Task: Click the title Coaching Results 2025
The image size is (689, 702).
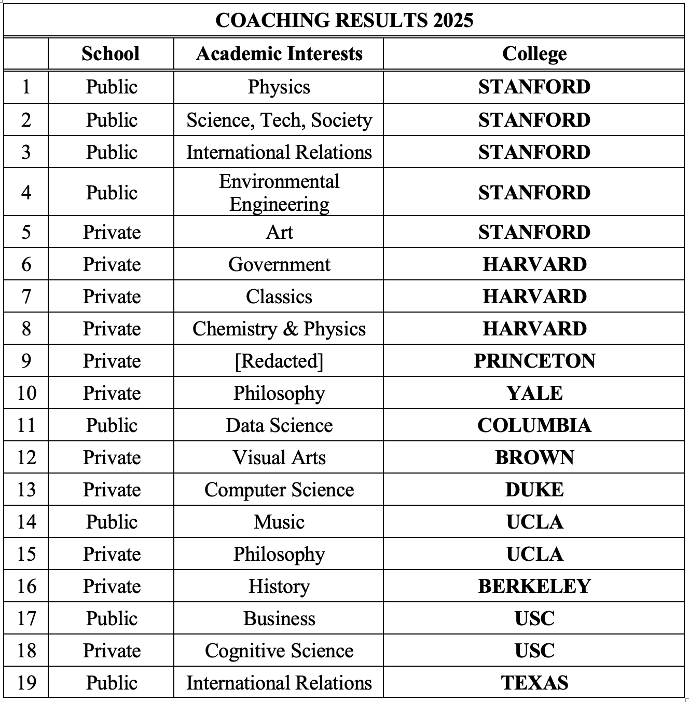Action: coord(344,20)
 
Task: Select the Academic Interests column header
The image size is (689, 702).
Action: coord(279,53)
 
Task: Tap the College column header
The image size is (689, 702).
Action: coord(534,53)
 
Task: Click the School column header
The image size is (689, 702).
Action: coord(111,53)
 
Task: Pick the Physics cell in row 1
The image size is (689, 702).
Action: coord(279,87)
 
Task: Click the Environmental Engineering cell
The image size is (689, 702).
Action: coord(279,193)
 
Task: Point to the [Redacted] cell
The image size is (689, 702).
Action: coord(279,361)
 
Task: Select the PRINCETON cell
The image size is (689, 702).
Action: coord(534,361)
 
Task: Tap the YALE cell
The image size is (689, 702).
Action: coord(534,393)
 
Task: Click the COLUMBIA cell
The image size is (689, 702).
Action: coord(534,425)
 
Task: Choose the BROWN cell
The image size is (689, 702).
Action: coord(534,457)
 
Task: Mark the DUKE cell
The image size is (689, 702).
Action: coord(534,490)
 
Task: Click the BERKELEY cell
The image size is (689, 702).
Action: coord(534,586)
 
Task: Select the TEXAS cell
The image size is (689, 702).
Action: coord(534,683)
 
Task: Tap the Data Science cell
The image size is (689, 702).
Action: coord(279,425)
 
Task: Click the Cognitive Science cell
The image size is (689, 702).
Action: coord(279,651)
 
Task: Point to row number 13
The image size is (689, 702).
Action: coord(26,490)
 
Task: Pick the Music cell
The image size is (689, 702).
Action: coord(279,522)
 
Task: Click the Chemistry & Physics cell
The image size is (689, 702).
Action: coord(279,329)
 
